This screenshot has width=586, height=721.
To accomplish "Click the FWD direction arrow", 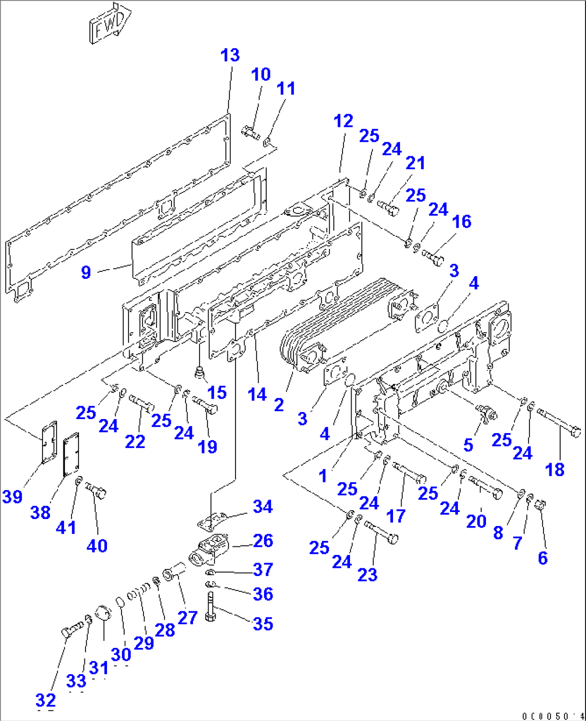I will (x=110, y=23).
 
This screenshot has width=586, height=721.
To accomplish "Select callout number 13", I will (x=230, y=55).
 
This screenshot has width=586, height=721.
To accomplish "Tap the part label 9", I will (x=86, y=272).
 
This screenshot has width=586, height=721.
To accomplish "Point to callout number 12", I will (x=343, y=121).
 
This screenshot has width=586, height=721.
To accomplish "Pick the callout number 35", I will (x=262, y=624).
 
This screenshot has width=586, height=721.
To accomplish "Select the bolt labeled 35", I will (x=210, y=607).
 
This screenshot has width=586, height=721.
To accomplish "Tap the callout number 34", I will (x=262, y=506).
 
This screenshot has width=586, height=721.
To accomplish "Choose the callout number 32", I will (x=46, y=700).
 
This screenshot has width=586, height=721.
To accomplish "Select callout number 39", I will (x=12, y=496).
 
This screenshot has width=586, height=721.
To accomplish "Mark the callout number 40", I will (x=97, y=546).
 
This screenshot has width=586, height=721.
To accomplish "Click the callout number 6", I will (x=542, y=558).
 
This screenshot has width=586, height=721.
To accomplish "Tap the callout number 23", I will (x=367, y=575).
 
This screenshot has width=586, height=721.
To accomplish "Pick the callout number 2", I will (x=278, y=405).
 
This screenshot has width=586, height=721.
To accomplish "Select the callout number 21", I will (x=415, y=163).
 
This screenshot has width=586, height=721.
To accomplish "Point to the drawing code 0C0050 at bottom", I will (x=552, y=716).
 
